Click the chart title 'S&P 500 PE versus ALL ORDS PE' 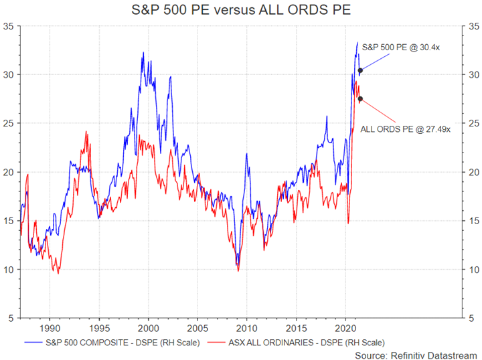click(x=241, y=11)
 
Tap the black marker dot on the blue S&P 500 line click(x=360, y=70)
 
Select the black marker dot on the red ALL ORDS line click(x=360, y=99)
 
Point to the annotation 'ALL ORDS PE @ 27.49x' click(x=406, y=129)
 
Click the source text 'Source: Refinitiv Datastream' click(x=416, y=355)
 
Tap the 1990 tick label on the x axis click(x=50, y=328)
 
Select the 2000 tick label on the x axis click(x=148, y=328)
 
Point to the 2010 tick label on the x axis click(x=246, y=328)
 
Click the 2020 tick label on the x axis click(x=345, y=328)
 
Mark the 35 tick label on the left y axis click(x=9, y=26)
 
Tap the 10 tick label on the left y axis click(x=9, y=270)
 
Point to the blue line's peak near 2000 click(x=143, y=53)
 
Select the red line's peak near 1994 click(x=86, y=132)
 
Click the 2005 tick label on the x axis click(x=197, y=328)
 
